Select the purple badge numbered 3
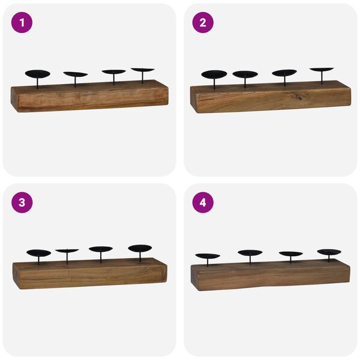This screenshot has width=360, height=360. (22, 203)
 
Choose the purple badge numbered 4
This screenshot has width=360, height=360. (203, 203)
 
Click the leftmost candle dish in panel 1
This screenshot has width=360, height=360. (37, 74)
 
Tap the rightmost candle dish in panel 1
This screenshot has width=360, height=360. (142, 70)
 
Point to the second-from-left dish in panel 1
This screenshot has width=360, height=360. (75, 74)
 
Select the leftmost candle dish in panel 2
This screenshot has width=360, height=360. (214, 74)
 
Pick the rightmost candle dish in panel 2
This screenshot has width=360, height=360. (322, 70)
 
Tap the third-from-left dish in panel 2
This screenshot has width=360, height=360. (284, 73)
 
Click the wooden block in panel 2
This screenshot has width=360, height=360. (270, 97)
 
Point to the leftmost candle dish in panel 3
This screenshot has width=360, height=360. (39, 253)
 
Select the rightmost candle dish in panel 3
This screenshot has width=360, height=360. (140, 248)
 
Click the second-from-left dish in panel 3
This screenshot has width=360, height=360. (67, 251)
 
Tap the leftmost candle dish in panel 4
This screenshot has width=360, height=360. (208, 256)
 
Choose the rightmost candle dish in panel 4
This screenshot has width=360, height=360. (329, 252)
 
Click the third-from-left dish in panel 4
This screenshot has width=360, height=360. (291, 254)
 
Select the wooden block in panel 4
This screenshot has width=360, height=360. (270, 276)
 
